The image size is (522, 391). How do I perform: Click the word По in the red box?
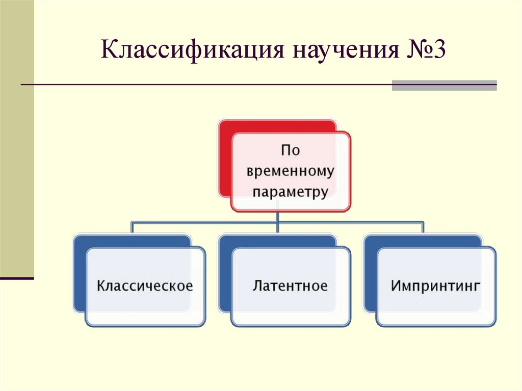click(x=291, y=150)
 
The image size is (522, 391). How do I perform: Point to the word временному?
click(x=291, y=171)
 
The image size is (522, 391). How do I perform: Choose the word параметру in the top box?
click(x=291, y=192)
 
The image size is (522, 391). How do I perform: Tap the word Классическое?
click(x=145, y=285)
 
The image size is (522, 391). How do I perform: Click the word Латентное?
click(x=290, y=285)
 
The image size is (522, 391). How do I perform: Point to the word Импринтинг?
click(x=436, y=285)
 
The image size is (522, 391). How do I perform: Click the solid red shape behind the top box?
click(x=225, y=158)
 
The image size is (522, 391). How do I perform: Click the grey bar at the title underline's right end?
click(x=444, y=85)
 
